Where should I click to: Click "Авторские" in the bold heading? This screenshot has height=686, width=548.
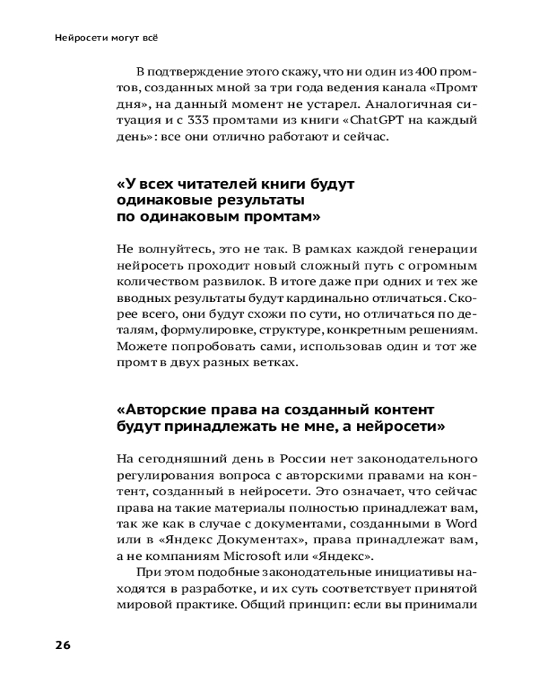point(164,410)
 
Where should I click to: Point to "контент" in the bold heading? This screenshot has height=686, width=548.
point(391,410)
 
